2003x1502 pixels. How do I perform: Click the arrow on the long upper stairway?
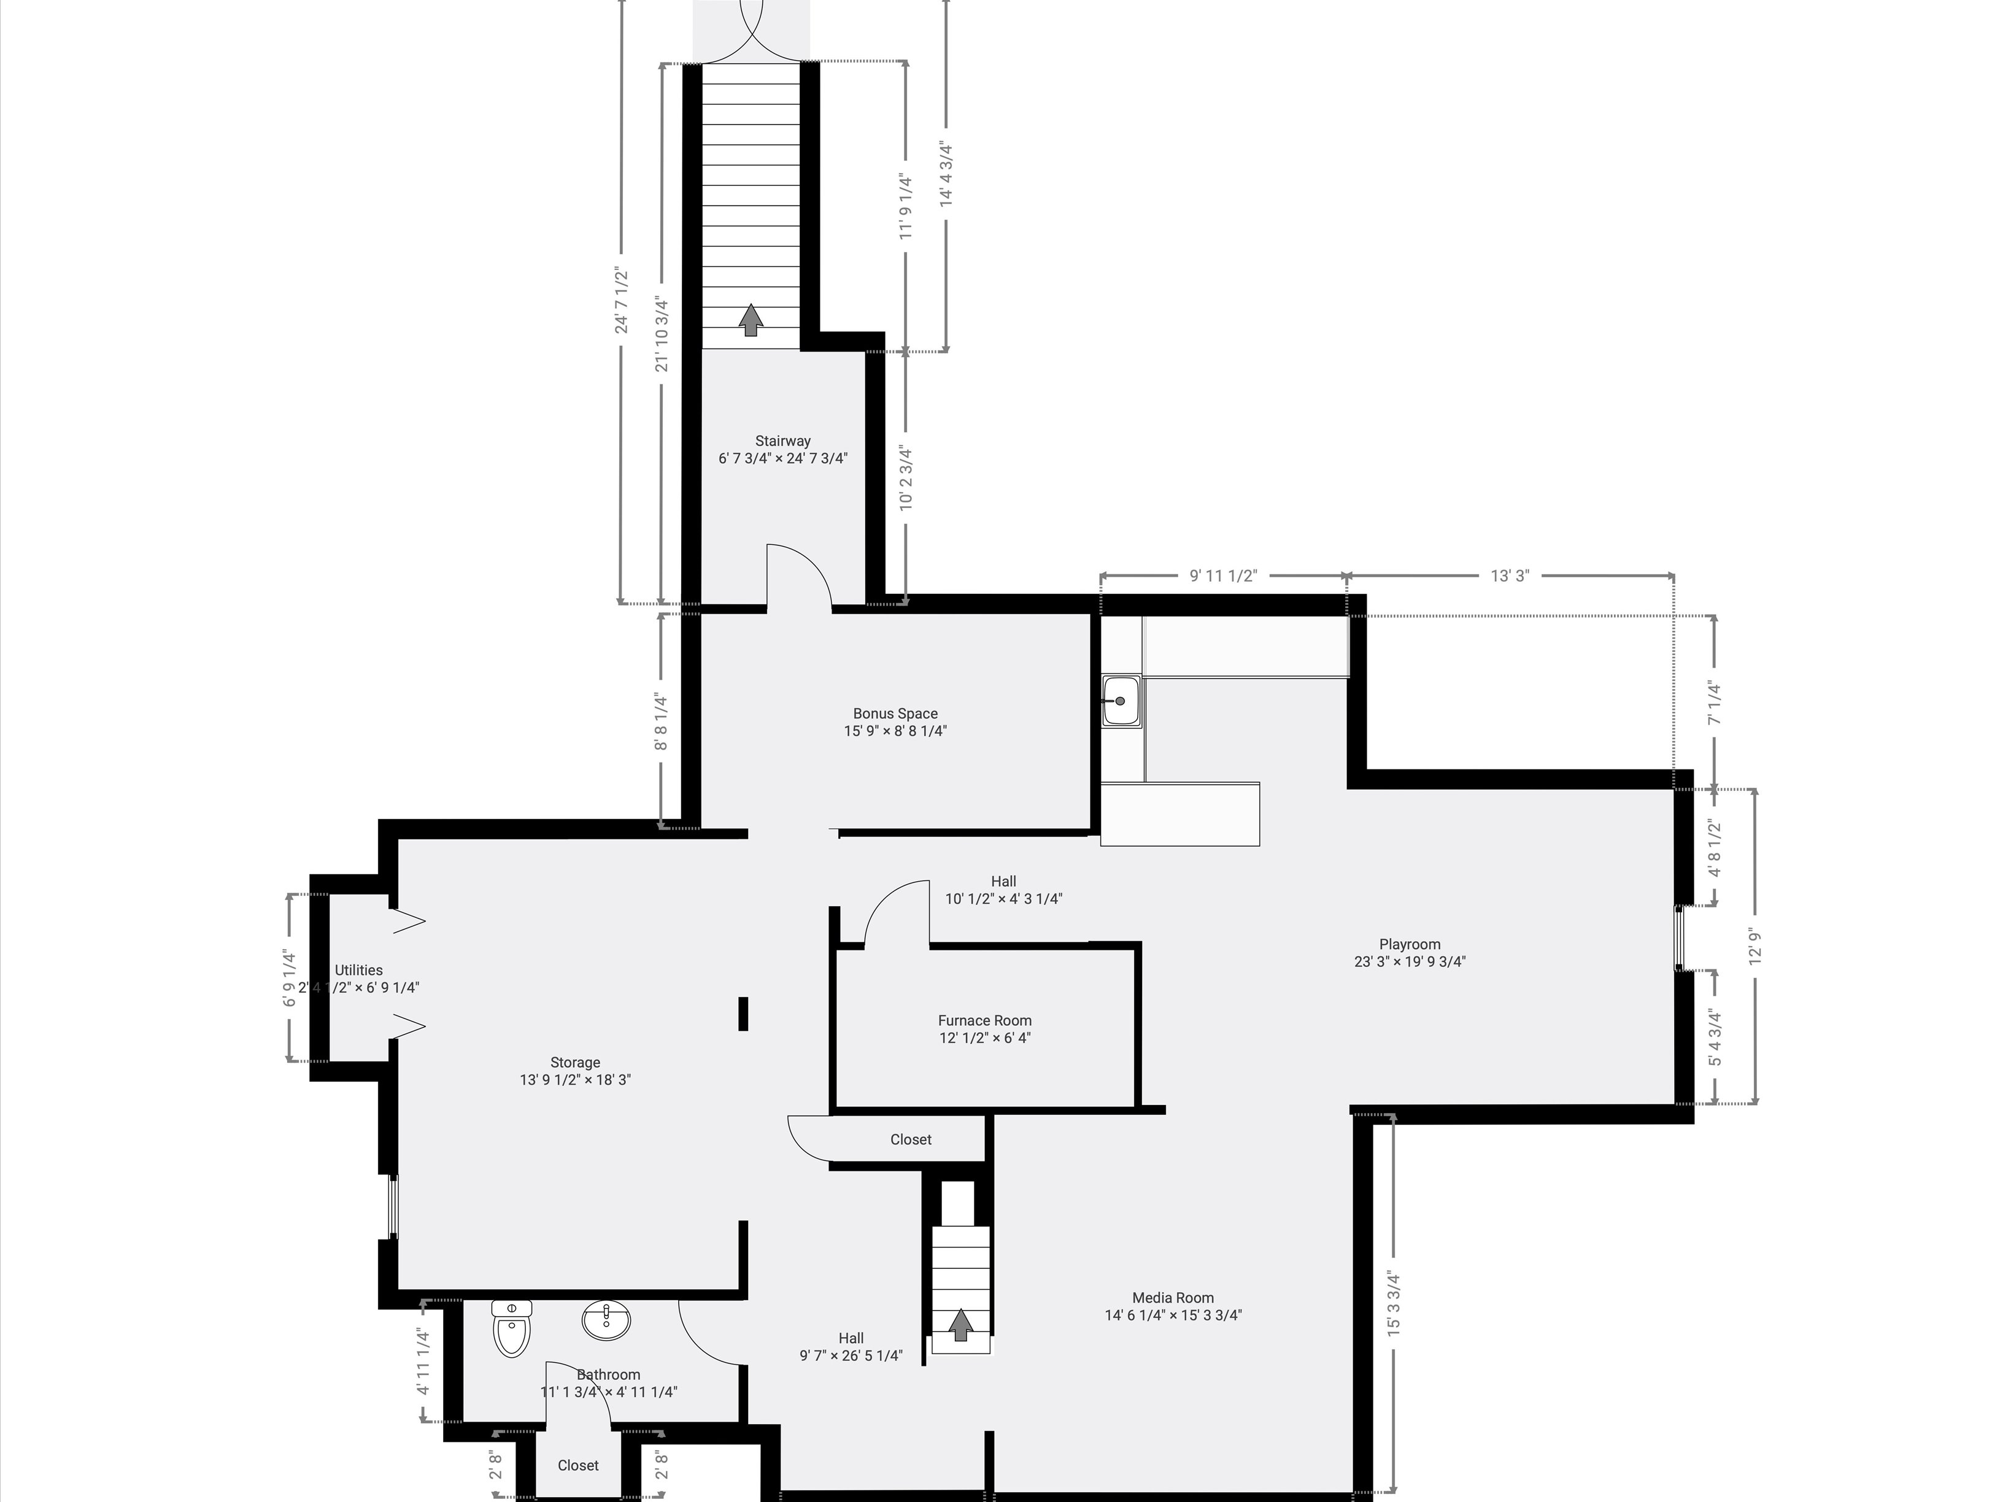coord(750,320)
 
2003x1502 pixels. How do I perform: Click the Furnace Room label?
coord(984,1028)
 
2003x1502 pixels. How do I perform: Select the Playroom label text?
coord(1409,952)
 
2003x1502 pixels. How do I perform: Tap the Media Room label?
coord(1173,1306)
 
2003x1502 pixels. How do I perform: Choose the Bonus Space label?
coord(895,722)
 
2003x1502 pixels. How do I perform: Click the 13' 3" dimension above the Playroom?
coord(1510,576)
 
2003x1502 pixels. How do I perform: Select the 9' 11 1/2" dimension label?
coord(1222,576)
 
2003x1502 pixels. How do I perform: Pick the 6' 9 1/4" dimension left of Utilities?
coord(290,978)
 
